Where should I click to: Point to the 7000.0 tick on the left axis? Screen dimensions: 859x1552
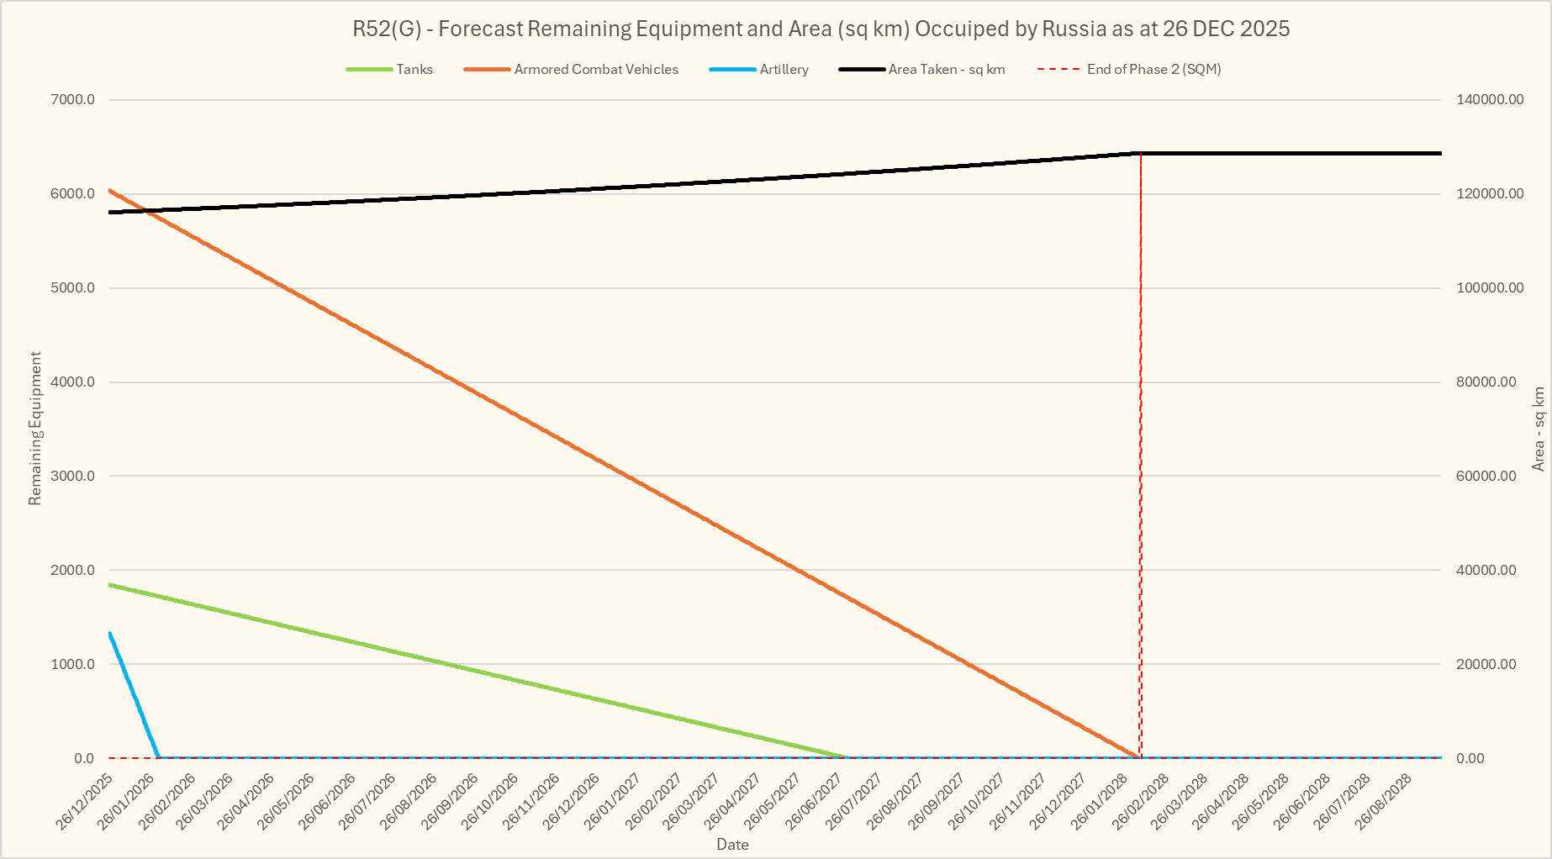73,100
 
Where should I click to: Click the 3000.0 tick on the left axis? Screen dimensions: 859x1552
73,477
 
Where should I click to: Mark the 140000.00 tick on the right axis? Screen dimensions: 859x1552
1490,100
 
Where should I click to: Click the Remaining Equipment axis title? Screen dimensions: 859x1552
35,429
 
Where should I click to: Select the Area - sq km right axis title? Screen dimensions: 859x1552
1539,429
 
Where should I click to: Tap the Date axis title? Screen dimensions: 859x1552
732,845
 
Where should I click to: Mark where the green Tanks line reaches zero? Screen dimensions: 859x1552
847,757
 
